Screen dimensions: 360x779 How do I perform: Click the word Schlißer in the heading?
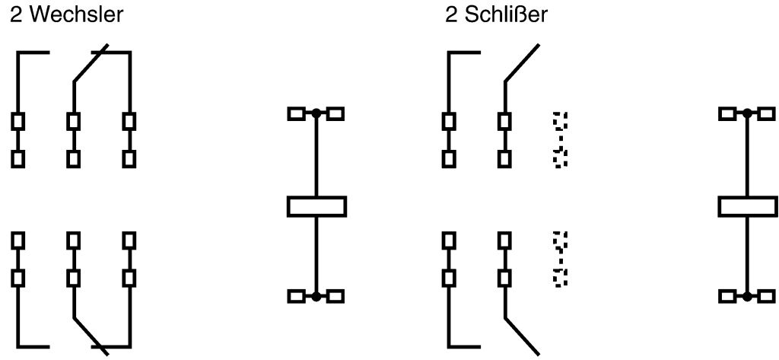point(508,14)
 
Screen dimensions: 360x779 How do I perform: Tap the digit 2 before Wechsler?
point(14,14)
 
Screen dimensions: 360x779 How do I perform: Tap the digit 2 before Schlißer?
point(451,14)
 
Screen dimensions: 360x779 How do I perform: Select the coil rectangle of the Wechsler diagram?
point(316,206)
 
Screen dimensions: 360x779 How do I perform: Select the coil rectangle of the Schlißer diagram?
point(748,206)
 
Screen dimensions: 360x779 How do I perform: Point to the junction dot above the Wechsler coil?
point(316,113)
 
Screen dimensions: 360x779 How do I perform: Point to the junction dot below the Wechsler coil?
point(316,297)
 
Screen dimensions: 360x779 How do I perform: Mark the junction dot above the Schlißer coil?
point(748,113)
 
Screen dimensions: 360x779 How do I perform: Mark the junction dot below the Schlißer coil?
point(748,297)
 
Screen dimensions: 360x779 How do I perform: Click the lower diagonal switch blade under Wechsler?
point(91,335)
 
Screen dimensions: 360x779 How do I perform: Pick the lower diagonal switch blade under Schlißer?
point(522,335)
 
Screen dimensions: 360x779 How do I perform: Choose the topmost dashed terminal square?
point(561,120)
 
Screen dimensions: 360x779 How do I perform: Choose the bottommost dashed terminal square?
point(561,278)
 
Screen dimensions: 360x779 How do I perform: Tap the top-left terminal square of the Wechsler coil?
point(296,113)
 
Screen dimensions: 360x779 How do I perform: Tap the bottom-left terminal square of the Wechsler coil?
point(296,297)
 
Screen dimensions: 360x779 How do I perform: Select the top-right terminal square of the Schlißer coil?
point(767,113)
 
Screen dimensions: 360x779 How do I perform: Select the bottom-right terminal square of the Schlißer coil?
point(767,297)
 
